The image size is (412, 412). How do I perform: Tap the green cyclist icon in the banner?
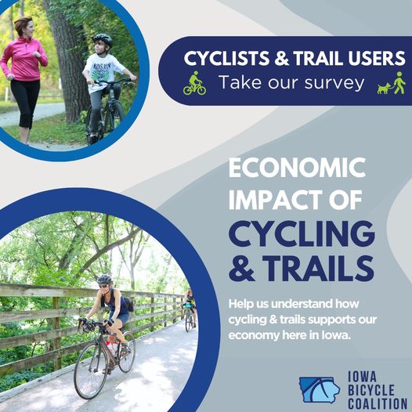(x=194, y=83)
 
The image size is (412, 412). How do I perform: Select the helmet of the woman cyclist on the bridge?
(x=104, y=280)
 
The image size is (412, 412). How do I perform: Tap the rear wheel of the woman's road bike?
(x=126, y=354)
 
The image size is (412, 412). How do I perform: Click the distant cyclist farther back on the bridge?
(x=188, y=307)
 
